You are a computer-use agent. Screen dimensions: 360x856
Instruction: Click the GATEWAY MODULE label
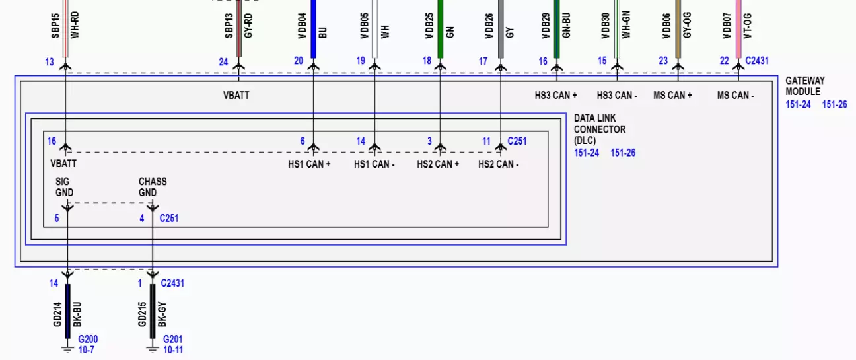(804, 86)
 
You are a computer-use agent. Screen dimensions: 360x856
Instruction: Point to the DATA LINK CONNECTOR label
(599, 129)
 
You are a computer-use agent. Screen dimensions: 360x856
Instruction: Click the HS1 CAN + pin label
(310, 164)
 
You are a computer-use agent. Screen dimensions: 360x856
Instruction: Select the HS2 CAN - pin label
(499, 164)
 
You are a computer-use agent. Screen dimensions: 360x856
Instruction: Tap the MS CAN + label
(672, 96)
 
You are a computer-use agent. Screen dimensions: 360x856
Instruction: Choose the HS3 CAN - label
(616, 96)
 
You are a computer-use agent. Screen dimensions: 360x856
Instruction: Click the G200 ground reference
(88, 340)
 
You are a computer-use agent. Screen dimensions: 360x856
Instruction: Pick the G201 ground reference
(173, 340)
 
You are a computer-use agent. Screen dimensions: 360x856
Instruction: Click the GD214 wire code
(57, 314)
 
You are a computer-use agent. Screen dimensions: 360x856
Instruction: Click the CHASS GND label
(152, 187)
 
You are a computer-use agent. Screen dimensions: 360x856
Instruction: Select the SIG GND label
(65, 187)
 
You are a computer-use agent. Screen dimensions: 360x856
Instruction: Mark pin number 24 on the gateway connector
(223, 62)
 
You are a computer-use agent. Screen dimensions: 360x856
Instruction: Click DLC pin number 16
(52, 141)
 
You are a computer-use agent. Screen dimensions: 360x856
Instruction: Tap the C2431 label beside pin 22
(757, 61)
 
